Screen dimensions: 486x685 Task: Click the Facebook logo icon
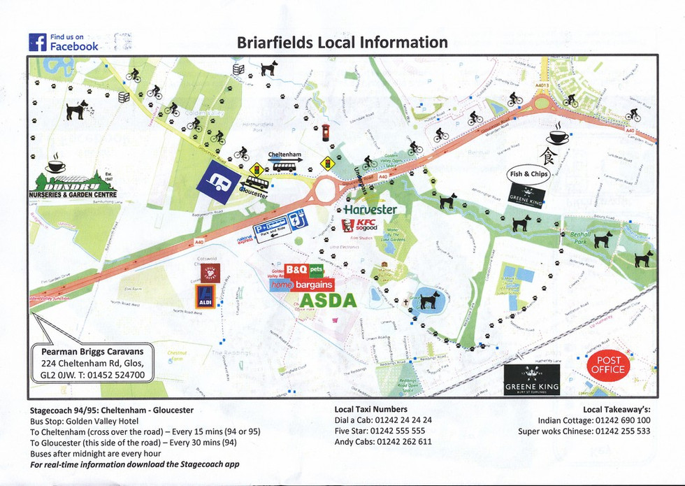click(37, 42)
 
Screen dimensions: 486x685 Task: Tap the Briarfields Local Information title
click(342, 42)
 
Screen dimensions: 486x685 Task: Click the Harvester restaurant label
click(370, 210)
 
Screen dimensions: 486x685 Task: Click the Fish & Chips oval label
click(530, 173)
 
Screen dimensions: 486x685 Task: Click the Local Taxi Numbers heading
click(370, 409)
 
